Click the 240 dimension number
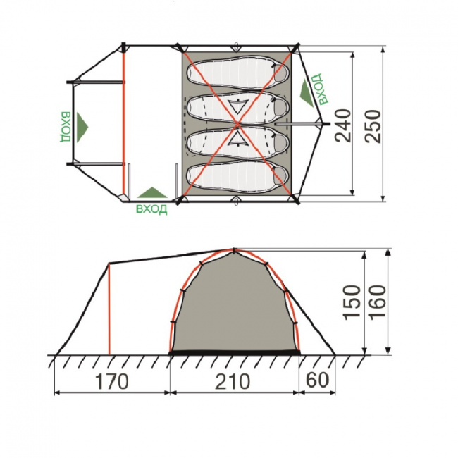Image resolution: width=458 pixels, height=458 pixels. tap(343, 125)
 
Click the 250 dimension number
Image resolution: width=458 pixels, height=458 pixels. tap(373, 126)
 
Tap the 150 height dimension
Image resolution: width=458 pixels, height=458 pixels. tap(352, 302)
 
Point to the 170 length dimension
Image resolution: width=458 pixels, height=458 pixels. tap(112, 381)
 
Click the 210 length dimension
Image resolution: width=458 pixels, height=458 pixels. tap(233, 381)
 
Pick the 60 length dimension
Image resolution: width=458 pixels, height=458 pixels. tap(317, 380)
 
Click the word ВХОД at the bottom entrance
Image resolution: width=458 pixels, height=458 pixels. tap(151, 209)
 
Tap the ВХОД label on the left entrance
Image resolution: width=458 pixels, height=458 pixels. tap(66, 127)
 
